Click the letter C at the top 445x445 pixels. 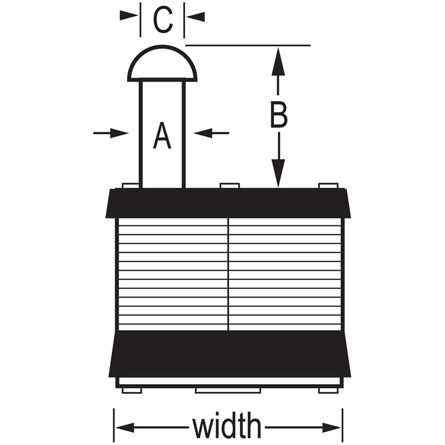tap(162, 20)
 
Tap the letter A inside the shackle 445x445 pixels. tap(162, 135)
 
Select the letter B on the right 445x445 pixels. tap(279, 114)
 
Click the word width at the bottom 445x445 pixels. tap(227, 427)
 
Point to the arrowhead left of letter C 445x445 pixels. tap(129, 16)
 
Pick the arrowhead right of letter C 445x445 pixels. tap(195, 17)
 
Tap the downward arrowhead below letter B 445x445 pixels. tap(279, 174)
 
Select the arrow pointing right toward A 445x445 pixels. tap(111, 133)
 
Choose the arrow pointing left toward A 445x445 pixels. tap(211, 133)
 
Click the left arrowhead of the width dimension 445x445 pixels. tap(125, 427)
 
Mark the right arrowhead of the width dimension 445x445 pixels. tap(332, 427)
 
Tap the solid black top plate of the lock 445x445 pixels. tap(228, 203)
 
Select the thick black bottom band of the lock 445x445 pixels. tap(230, 354)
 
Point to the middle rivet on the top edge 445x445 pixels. tap(230, 186)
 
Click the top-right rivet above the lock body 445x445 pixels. tap(329, 186)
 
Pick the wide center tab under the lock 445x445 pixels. tap(228, 391)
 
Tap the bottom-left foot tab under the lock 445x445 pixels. tap(132, 391)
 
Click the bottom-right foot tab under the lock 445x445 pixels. tap(328, 391)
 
